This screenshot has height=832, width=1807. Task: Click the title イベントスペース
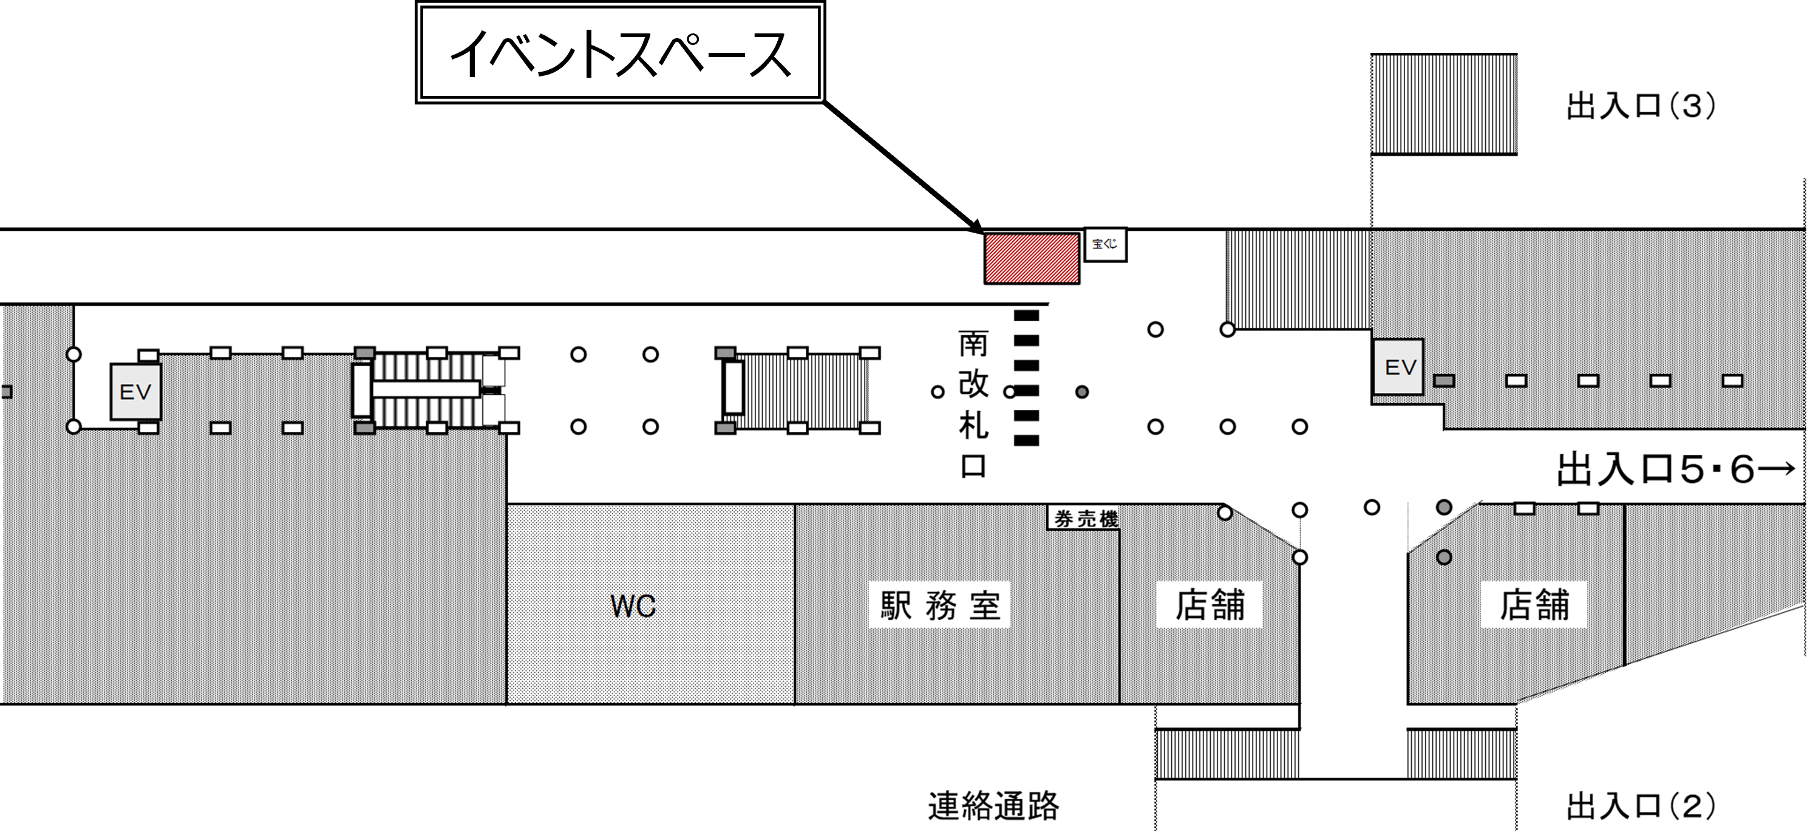[620, 53]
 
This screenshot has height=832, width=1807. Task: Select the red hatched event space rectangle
[1032, 259]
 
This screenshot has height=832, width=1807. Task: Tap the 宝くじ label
[1105, 245]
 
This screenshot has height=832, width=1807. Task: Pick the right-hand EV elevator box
[1398, 367]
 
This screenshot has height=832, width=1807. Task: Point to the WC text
[633, 606]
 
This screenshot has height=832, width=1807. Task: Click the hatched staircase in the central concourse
[800, 390]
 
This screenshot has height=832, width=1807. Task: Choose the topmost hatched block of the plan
[1444, 104]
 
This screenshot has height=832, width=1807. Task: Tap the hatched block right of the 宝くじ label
[1298, 279]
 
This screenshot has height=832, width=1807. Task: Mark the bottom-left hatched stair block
[1227, 754]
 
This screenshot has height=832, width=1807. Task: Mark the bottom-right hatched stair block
[1461, 754]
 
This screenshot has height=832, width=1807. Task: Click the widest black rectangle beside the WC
[939, 604]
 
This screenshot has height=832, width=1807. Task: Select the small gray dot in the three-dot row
[1081, 392]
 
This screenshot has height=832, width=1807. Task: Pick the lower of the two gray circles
[1444, 558]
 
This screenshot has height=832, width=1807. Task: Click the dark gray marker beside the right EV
[1444, 381]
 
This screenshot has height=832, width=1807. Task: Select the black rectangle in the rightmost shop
[1534, 604]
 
